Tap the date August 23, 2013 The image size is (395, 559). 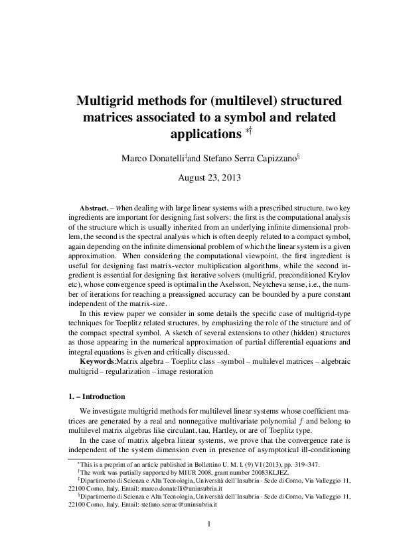coord(209,178)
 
